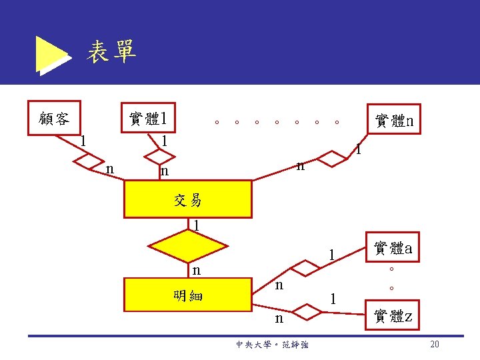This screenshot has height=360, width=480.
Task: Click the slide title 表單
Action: click(x=111, y=51)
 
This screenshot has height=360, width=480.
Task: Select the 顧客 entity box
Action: click(x=53, y=118)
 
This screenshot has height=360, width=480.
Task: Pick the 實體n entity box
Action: click(x=393, y=120)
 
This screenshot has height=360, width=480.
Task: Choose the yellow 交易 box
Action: click(x=187, y=199)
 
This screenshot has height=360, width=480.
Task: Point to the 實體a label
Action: click(x=393, y=249)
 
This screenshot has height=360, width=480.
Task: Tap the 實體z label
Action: click(x=393, y=316)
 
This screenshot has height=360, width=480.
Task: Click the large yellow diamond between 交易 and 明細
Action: click(x=187, y=247)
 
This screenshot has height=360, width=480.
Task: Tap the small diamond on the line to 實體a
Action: click(x=306, y=268)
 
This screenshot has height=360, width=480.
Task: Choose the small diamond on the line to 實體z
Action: click(x=306, y=311)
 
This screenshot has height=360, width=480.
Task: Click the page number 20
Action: click(x=435, y=344)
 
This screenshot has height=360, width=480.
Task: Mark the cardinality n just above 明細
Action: click(x=196, y=270)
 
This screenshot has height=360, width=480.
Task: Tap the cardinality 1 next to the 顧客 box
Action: click(x=82, y=141)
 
